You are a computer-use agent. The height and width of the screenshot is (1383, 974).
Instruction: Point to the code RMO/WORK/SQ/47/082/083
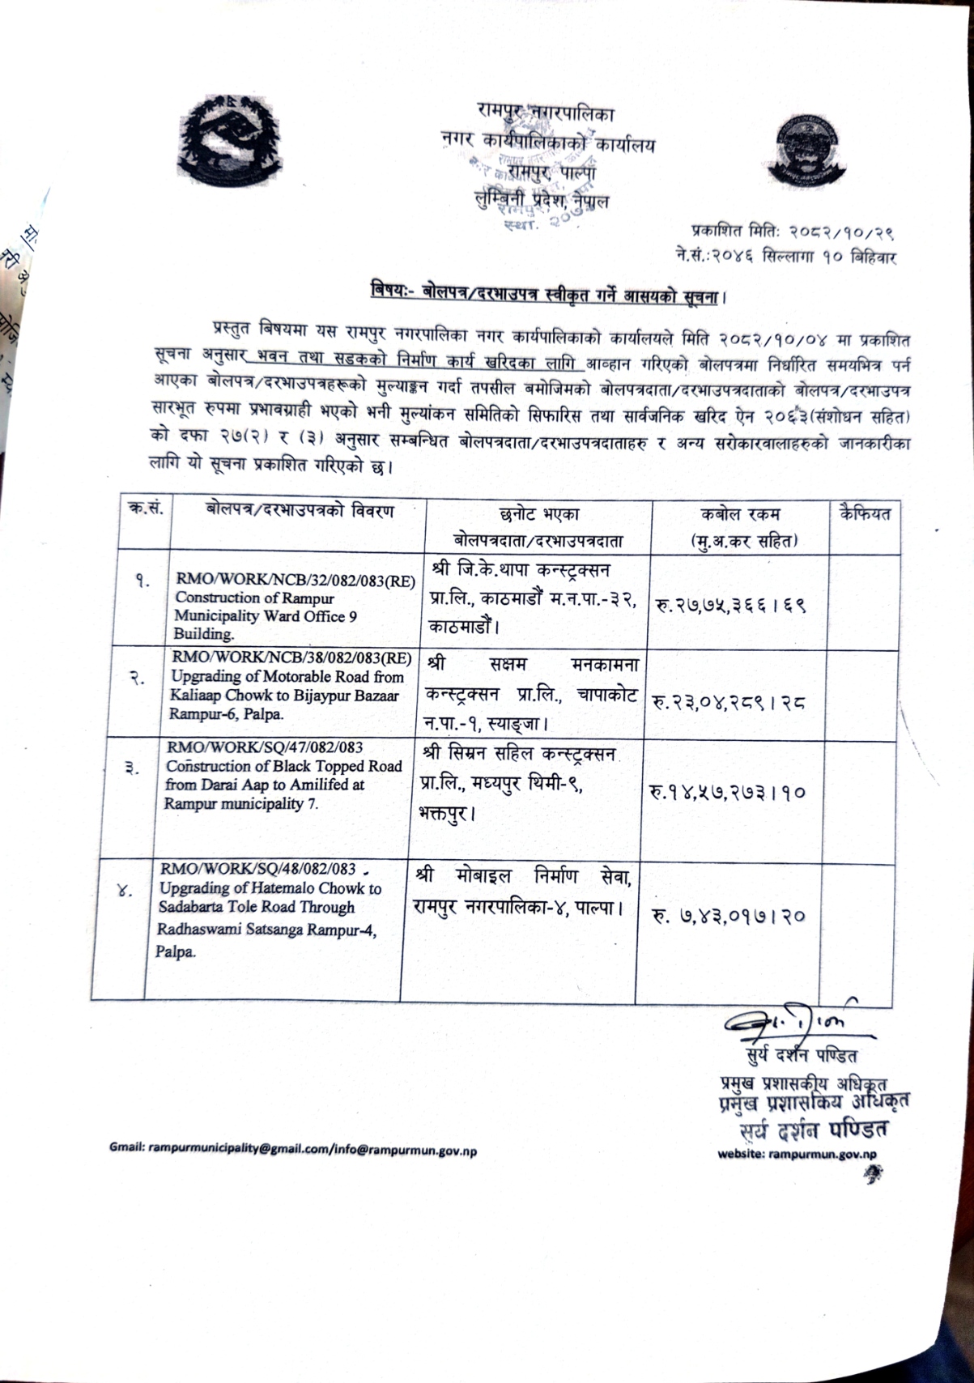point(265,747)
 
